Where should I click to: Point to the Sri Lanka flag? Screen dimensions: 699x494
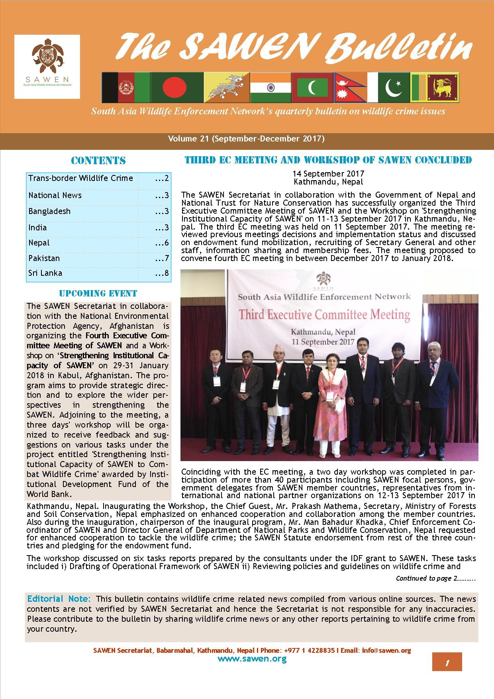point(435,87)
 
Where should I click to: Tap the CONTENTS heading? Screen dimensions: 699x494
point(98,161)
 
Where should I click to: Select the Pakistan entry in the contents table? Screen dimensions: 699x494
point(44,258)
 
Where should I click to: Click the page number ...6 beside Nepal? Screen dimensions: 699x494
point(162,243)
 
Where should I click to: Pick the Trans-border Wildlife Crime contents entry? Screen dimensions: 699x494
point(80,178)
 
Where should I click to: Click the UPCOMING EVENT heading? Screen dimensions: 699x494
point(98,294)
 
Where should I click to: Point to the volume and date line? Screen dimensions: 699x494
point(246,139)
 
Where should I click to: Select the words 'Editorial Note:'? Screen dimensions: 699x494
point(59,599)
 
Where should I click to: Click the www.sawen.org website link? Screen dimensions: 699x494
point(252,658)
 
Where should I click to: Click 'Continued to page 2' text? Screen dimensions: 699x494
point(435,578)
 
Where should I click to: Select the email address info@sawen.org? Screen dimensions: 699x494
point(386,650)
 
